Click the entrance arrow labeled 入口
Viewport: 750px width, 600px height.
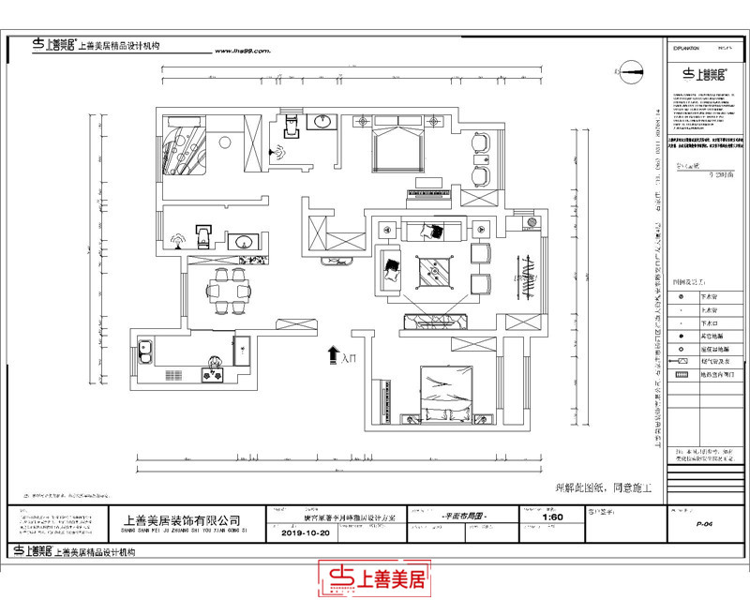pos(333,354)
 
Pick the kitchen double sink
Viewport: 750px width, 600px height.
pos(145,353)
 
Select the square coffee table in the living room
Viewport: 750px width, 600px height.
pos(436,273)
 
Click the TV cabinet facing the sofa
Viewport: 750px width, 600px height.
pos(437,322)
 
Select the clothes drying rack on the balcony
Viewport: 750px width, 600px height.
pos(528,278)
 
